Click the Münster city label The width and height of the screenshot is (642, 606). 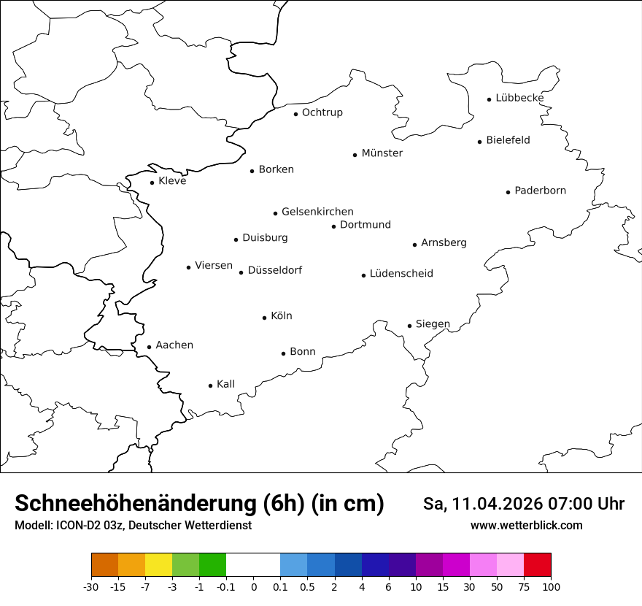point(382,153)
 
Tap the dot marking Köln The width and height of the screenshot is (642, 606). point(264,318)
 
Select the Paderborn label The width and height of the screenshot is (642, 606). point(540,191)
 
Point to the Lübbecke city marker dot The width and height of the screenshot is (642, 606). point(490,99)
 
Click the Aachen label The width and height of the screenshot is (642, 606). point(174,345)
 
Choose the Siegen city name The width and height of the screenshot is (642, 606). point(433,324)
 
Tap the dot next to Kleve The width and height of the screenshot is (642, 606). point(152,183)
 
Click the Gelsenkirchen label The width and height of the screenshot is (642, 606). point(317,212)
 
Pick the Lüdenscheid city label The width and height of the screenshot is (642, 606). point(401,274)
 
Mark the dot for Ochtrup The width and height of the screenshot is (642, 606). point(295,114)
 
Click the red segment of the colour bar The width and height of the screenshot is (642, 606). point(538,565)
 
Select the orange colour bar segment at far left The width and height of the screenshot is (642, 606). point(104,565)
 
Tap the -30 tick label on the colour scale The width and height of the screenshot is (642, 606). point(91,587)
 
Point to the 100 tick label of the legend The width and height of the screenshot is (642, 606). point(551,587)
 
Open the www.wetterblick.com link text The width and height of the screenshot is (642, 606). point(526,526)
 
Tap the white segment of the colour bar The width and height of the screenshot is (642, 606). point(253,565)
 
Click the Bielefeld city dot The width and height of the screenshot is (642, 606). point(480,142)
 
